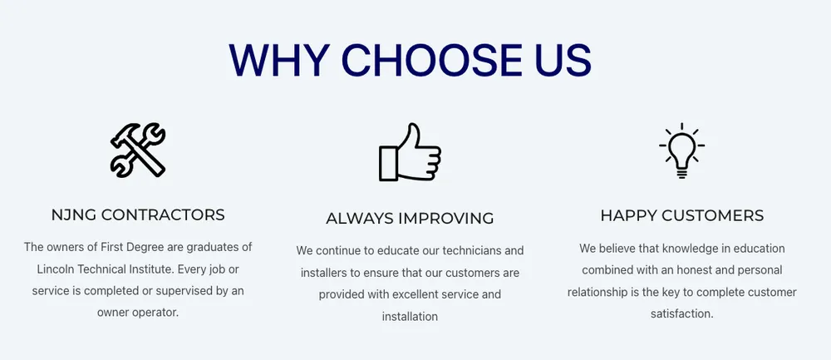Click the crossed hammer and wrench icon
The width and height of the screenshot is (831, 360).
[x=138, y=150]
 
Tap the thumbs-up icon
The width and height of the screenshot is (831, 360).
[x=410, y=152]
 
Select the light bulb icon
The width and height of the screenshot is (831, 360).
[x=681, y=150]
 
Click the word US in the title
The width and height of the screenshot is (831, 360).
[x=562, y=59]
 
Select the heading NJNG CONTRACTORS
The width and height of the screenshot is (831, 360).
[x=138, y=215]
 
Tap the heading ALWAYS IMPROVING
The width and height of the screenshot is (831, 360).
[x=410, y=218]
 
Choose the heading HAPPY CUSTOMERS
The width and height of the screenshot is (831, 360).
[x=682, y=215]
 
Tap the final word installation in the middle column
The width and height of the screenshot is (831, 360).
[x=410, y=317]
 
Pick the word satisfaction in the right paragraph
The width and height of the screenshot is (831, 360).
[x=681, y=314]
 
